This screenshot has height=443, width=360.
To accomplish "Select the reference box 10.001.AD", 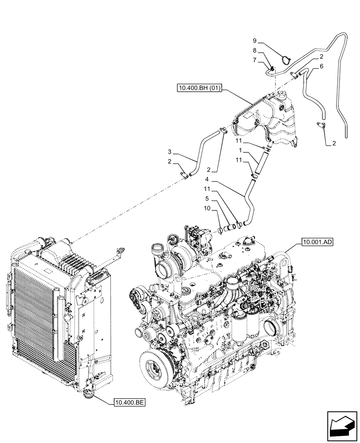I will [x=316, y=242].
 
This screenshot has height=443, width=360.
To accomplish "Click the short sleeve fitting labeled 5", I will [x=231, y=229].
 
